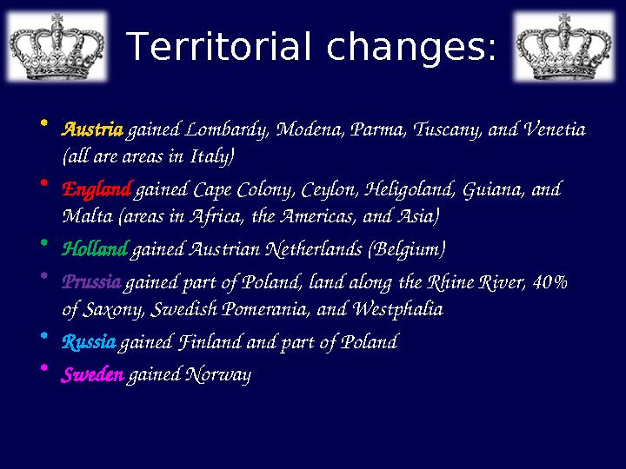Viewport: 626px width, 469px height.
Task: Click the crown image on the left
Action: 57,46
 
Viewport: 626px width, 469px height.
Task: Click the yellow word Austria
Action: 92,131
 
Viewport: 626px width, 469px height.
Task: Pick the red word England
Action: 97,189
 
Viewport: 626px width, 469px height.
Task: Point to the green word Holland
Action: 94,250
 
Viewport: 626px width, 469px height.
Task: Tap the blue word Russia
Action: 89,342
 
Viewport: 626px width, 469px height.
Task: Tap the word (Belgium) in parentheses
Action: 408,250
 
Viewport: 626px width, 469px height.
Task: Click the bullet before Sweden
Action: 46,368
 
